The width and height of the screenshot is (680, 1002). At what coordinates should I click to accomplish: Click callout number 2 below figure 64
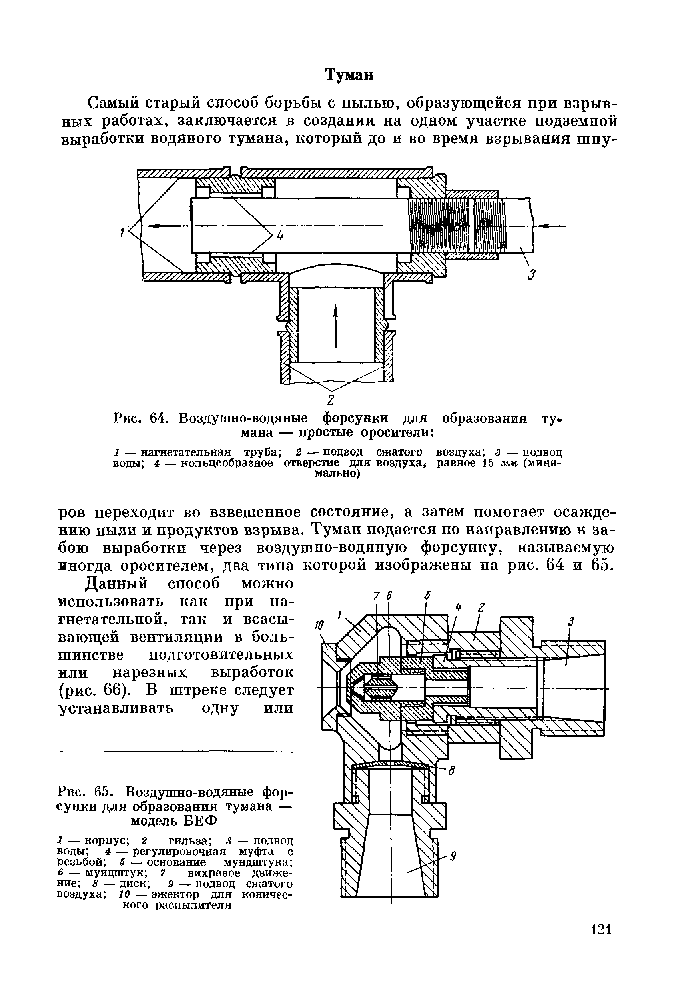pos(331,399)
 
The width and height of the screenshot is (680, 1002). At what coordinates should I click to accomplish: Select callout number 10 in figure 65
pos(320,625)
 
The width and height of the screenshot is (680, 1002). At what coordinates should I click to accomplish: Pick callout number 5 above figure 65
pos(427,595)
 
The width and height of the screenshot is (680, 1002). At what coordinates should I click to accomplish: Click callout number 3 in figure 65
pos(571,622)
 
